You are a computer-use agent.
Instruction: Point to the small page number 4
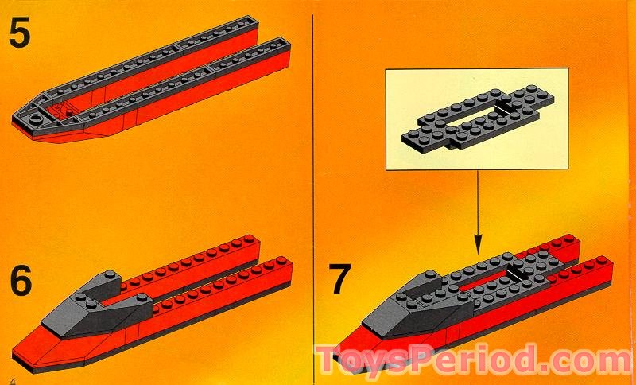point(13,379)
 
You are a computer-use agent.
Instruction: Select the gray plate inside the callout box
point(477,119)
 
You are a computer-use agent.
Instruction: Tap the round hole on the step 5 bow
point(37,119)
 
